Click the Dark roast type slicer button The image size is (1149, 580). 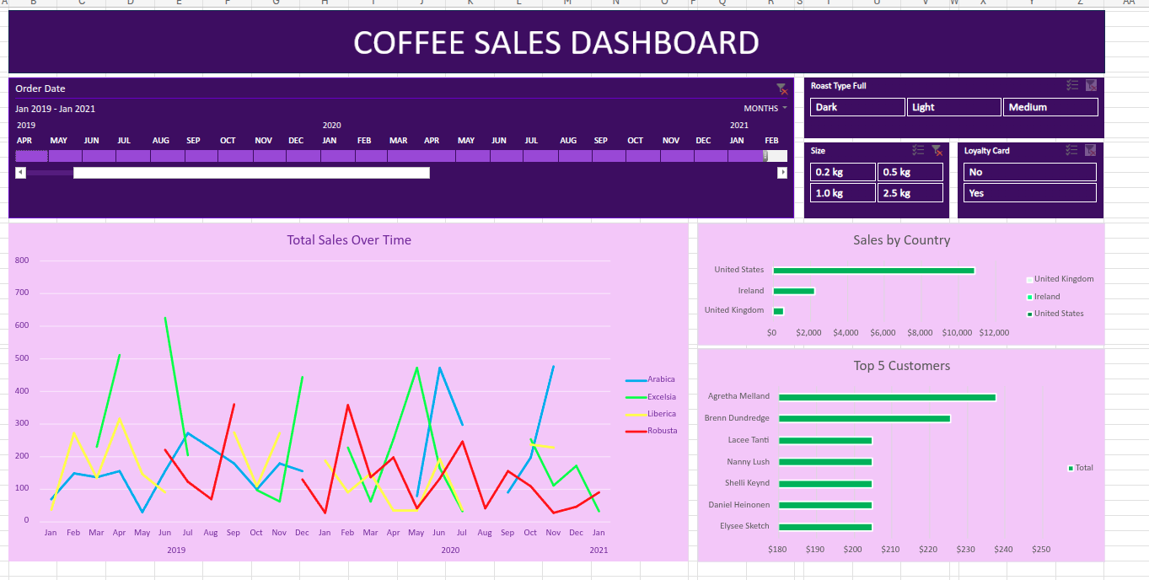(856, 107)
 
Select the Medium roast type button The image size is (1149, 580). (1050, 107)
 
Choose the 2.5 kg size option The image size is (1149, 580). (910, 193)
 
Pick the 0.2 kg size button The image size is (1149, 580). (842, 172)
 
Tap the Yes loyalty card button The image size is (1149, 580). (1029, 193)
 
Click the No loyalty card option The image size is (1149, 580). (1029, 172)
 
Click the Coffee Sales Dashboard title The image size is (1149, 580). (556, 42)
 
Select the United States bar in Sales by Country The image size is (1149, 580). (873, 271)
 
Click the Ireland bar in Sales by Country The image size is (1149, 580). (793, 291)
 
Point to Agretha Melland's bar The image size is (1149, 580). (887, 397)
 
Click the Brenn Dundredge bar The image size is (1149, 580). (864, 418)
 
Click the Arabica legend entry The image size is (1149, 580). (660, 379)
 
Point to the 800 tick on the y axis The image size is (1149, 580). (22, 260)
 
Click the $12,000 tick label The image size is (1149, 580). (994, 333)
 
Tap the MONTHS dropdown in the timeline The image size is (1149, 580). (765, 109)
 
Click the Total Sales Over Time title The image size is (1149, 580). (349, 240)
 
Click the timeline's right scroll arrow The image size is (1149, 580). (781, 173)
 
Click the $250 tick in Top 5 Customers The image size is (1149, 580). (1041, 550)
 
